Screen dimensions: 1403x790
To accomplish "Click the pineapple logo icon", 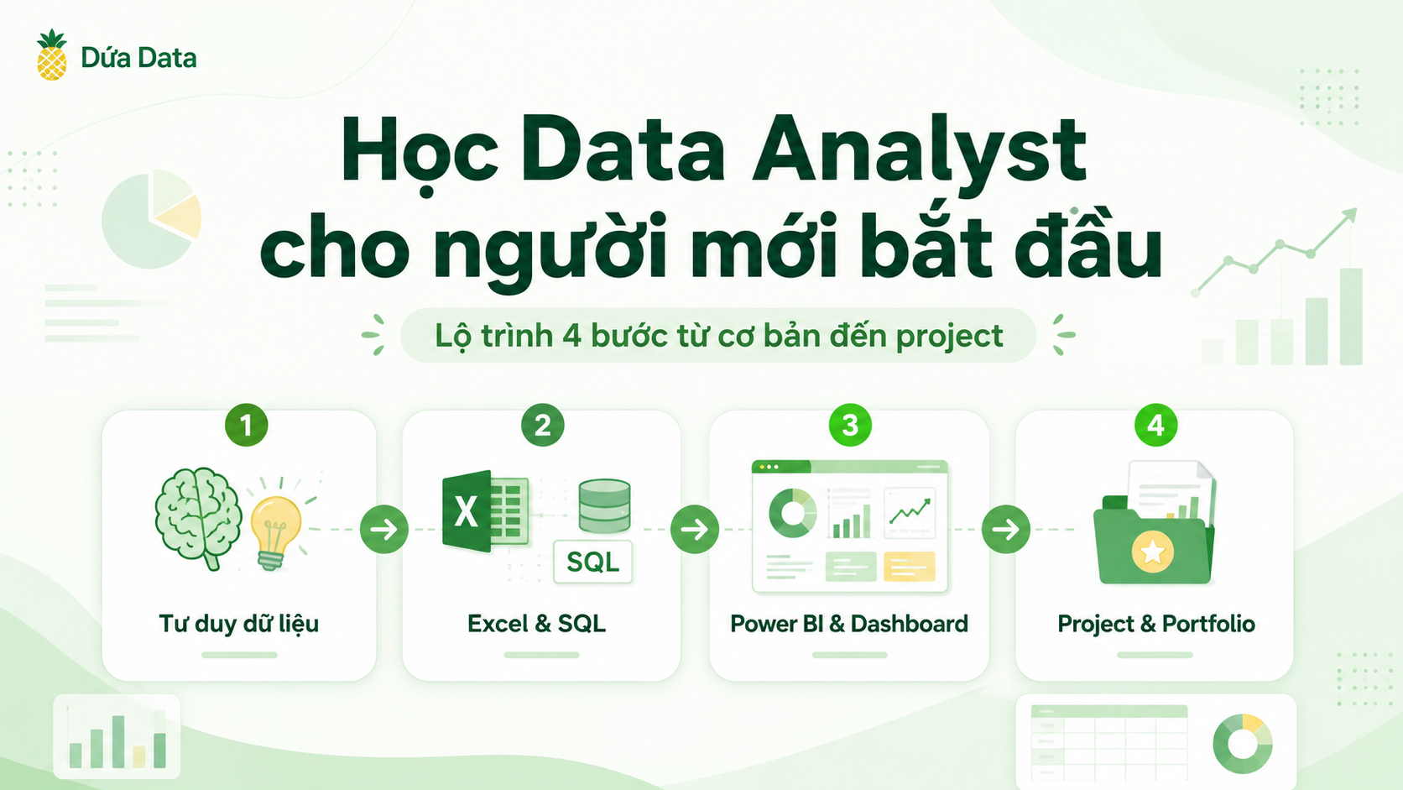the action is coord(52,55).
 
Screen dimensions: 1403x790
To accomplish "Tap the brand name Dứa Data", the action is coord(138,58).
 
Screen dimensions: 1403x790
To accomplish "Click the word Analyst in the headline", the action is coord(920,154).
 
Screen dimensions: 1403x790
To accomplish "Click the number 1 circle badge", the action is coord(246,426).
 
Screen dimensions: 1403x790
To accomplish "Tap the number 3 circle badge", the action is coord(850,426).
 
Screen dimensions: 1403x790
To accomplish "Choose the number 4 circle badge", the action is coord(1155,426).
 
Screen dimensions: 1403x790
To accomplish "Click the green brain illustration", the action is coord(199,518).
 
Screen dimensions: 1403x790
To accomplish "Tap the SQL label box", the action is coord(592,562).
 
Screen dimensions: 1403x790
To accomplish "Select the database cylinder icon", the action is coord(604,506).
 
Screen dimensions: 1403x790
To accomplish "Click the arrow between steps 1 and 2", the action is coord(384,530).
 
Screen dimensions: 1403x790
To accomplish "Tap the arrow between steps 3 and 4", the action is coord(1006,530).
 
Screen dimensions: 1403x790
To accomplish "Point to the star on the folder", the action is coord(1152,552).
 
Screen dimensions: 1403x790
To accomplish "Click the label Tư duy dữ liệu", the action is coord(238,624).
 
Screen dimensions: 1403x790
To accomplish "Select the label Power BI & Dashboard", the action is coord(849,624).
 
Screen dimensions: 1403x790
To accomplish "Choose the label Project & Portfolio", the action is coord(1156,624).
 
